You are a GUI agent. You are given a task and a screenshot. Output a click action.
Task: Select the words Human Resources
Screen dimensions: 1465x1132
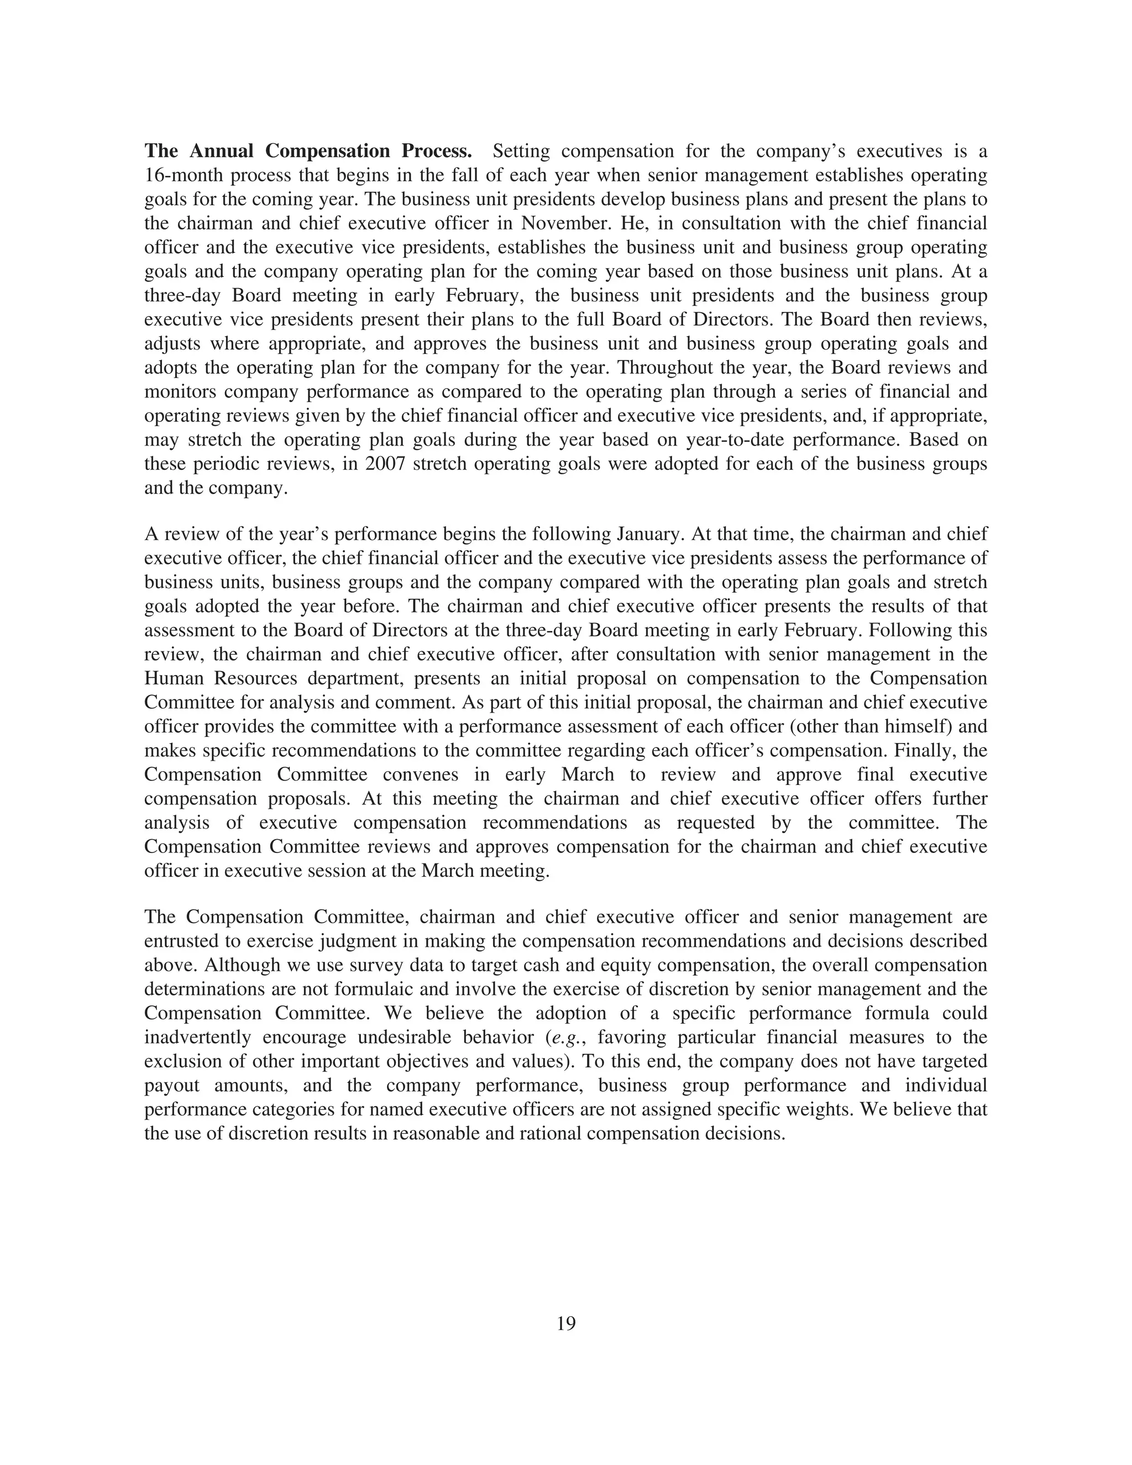pyautogui.click(x=221, y=678)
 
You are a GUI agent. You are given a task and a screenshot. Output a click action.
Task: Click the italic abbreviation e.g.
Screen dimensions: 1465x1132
pyautogui.click(x=569, y=1037)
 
